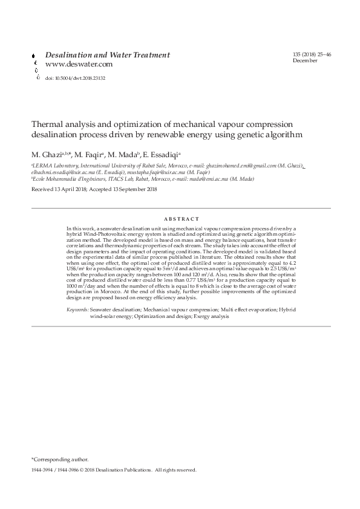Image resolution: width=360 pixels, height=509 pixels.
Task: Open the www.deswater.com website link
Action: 79,64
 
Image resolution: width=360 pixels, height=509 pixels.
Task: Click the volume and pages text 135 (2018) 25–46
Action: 312,55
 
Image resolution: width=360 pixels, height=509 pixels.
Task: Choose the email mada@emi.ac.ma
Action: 203,179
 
